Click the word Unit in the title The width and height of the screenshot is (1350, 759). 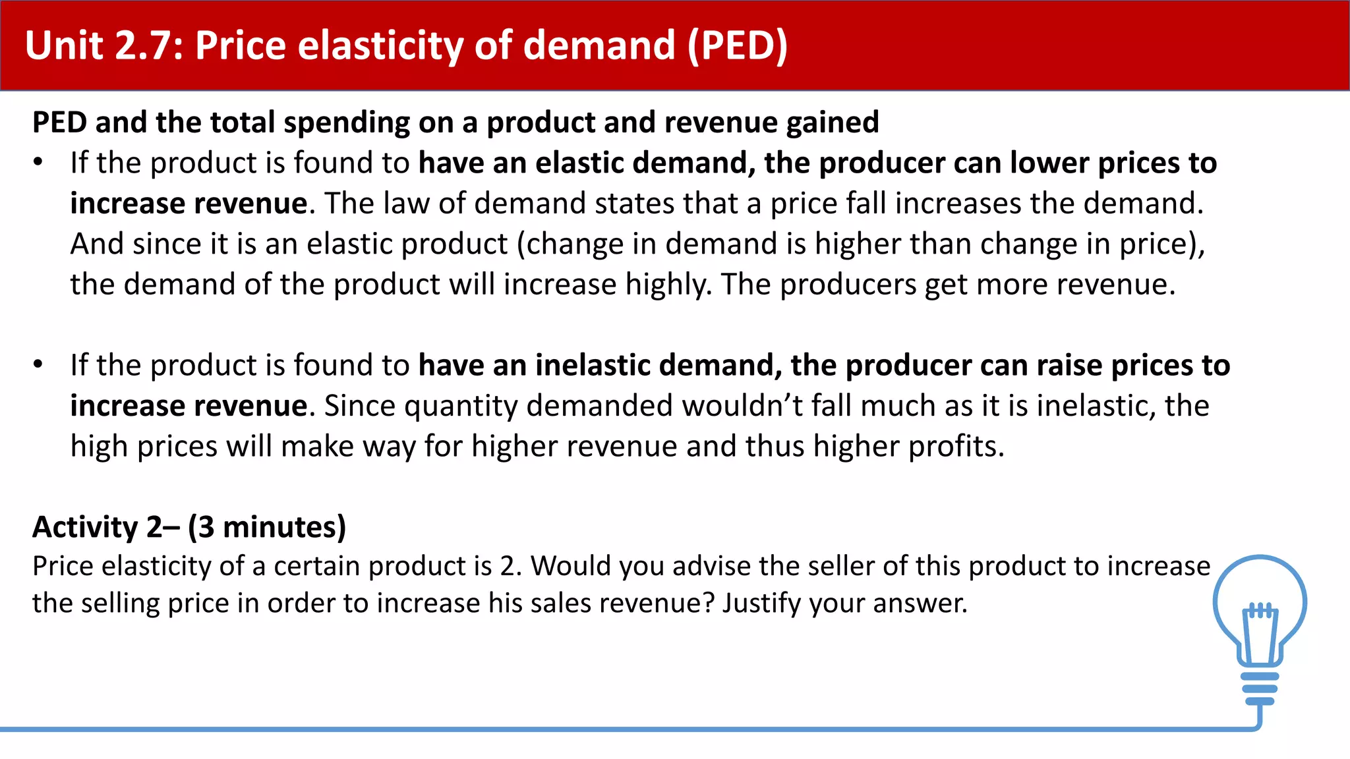(64, 45)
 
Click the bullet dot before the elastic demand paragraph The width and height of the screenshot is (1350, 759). (38, 162)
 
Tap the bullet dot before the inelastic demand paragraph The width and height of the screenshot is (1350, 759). (38, 364)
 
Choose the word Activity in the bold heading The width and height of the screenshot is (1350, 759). (85, 527)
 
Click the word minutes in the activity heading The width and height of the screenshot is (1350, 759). (283, 527)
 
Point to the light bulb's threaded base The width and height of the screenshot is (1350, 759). (1260, 689)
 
